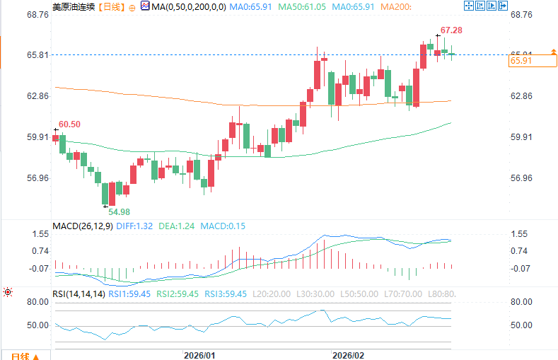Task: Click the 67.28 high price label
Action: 451,30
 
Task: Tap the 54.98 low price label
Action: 119,211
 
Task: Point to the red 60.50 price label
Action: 69,124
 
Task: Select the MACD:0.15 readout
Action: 223,226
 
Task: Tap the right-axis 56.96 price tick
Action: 522,178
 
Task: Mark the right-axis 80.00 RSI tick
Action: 522,302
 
